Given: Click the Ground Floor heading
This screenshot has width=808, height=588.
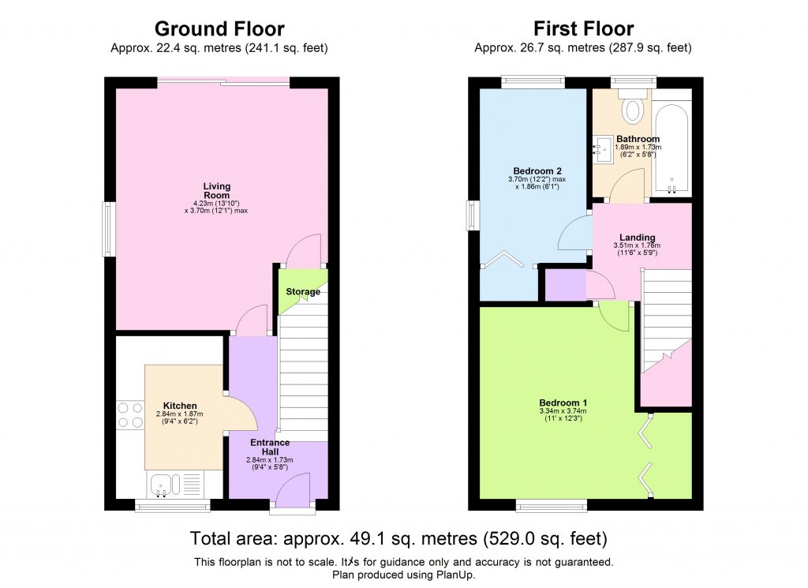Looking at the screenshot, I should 219,29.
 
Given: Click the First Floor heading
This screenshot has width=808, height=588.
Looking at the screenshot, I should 583,29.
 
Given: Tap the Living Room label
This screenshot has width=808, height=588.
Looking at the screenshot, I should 216,191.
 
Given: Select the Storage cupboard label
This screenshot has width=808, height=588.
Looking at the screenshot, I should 303,292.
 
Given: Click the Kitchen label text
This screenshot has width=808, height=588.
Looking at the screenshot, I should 180,406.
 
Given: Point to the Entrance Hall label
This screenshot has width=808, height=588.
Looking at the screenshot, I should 270,448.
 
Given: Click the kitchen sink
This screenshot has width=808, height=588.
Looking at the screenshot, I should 161,483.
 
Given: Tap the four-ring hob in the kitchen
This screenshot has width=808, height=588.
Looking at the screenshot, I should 130,415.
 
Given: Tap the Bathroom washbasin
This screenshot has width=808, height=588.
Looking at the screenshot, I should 604,148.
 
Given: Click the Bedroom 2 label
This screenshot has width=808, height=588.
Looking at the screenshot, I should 537,170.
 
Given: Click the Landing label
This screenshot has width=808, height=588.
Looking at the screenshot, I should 637,237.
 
